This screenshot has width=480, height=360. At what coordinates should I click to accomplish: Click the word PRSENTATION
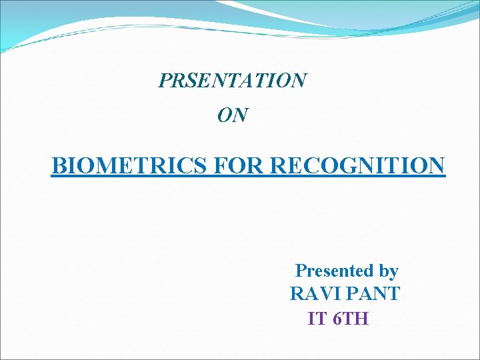pos(233,81)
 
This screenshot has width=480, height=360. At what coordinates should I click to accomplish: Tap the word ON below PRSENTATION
pos(233,116)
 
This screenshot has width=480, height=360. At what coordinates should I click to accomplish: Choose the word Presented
pos(334,271)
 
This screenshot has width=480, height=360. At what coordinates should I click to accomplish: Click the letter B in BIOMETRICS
pos(58,165)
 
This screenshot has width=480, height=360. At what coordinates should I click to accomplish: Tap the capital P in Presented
pos(301,271)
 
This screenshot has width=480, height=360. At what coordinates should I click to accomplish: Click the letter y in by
pos(393,273)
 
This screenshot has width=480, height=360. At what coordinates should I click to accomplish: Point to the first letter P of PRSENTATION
pos(164,81)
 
